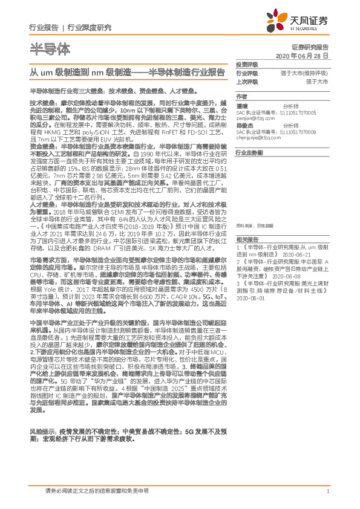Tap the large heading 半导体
[50, 48]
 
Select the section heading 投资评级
[247, 64]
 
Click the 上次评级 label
[247, 81]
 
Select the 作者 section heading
[242, 96]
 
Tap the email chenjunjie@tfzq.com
[264, 138]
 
